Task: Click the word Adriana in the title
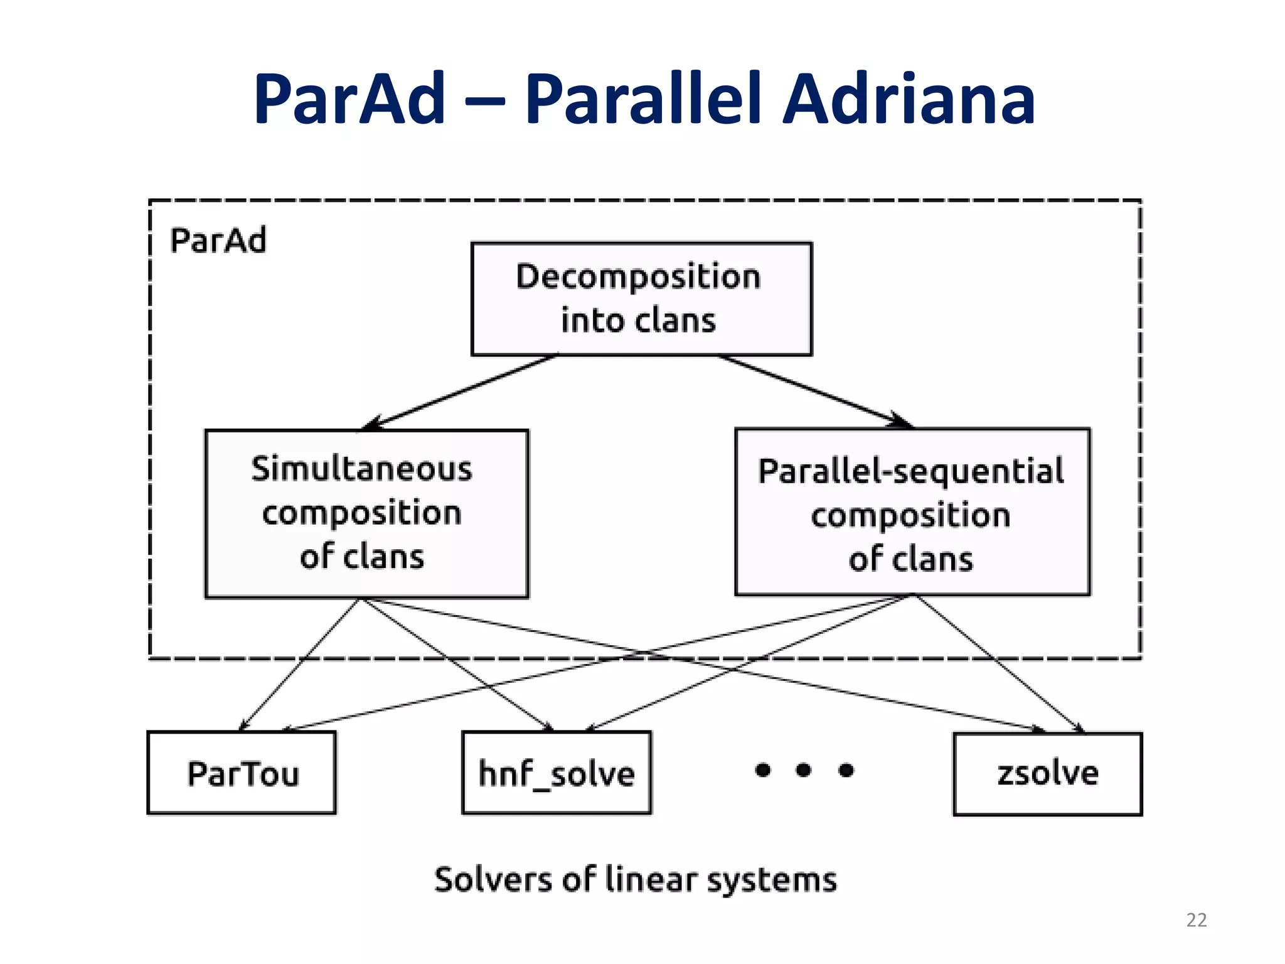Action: tap(909, 99)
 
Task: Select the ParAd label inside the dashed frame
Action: tap(218, 240)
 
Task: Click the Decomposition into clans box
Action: tap(641, 299)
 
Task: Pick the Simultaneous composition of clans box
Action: tap(366, 513)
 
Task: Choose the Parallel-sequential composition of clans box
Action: tap(912, 512)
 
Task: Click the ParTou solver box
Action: tap(242, 773)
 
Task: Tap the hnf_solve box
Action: tap(557, 773)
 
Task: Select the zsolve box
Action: tap(1047, 774)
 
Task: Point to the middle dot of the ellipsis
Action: tap(803, 769)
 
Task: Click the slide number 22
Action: tap(1196, 919)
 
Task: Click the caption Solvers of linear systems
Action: tap(635, 879)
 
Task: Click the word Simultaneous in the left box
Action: tap(361, 469)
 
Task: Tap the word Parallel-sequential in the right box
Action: tap(910, 471)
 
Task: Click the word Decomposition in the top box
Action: tap(638, 277)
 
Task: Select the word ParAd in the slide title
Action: tap(349, 99)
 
